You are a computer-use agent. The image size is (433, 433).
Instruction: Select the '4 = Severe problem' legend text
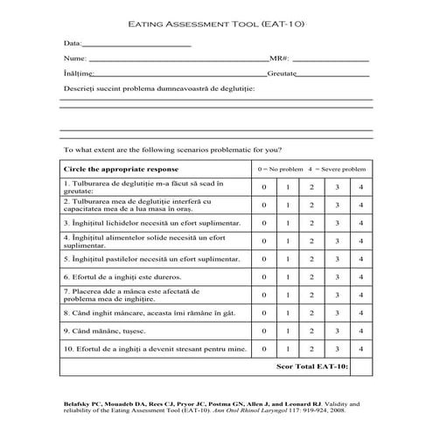(x=337, y=168)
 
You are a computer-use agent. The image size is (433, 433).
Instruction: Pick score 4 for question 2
(x=360, y=205)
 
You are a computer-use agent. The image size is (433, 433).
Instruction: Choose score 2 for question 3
(x=311, y=223)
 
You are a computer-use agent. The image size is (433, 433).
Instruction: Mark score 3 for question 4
(x=336, y=241)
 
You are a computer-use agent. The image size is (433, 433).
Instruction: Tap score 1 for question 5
(x=288, y=260)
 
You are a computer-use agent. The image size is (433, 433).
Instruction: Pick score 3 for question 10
(x=336, y=349)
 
